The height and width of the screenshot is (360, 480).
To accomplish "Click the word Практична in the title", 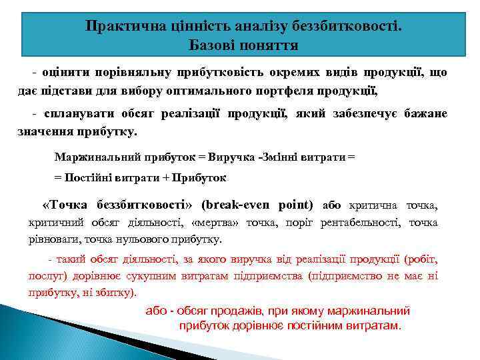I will (118, 26).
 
